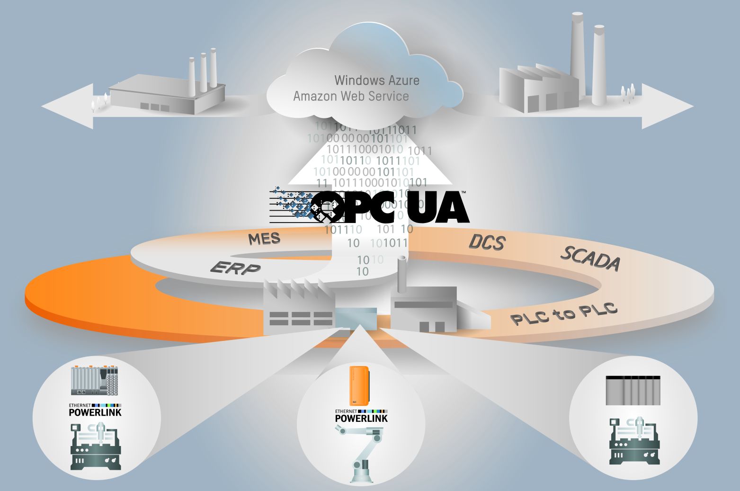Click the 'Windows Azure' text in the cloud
click(377, 80)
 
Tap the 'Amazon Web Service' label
click(351, 96)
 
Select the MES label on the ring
click(264, 238)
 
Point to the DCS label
click(487, 242)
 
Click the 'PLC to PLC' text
click(564, 313)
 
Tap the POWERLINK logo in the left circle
click(95, 410)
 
